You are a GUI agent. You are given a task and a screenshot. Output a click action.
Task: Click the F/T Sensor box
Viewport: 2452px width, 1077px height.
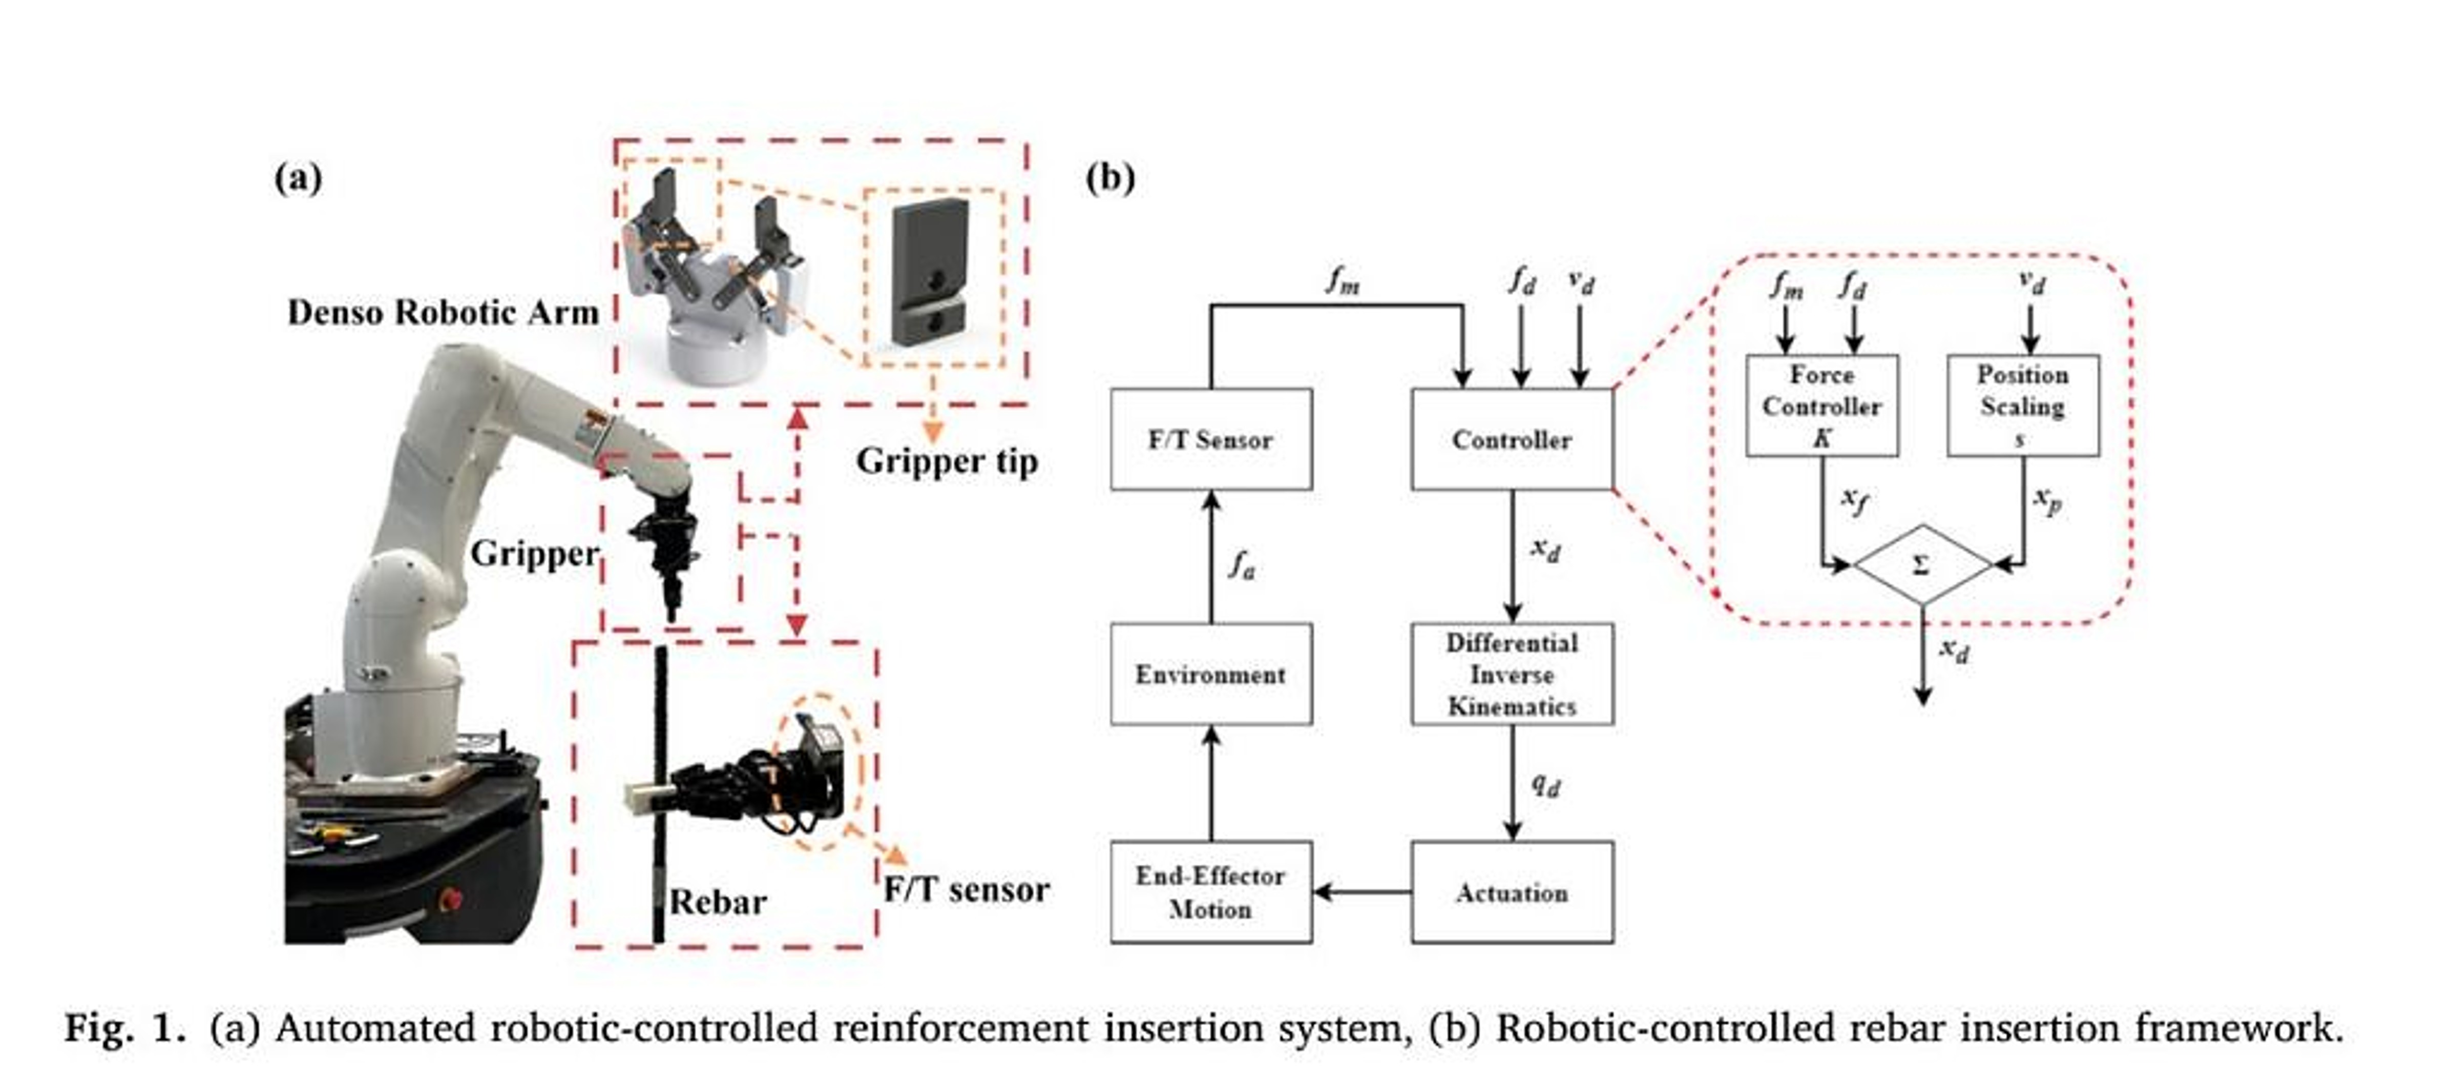click(1211, 439)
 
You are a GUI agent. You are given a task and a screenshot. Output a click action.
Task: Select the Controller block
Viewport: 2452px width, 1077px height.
click(1513, 439)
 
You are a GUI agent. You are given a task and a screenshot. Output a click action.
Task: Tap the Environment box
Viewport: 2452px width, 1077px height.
click(1211, 674)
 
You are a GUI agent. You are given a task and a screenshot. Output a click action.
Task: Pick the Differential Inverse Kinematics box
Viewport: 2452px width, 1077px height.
click(1513, 674)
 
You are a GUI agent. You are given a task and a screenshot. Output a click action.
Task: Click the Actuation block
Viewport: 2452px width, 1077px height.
click(1513, 892)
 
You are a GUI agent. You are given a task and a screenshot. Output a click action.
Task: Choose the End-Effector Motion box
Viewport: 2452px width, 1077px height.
click(1211, 892)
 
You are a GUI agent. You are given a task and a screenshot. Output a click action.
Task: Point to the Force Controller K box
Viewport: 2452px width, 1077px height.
click(1822, 405)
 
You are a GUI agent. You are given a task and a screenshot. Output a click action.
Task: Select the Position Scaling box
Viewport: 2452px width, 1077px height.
click(2023, 405)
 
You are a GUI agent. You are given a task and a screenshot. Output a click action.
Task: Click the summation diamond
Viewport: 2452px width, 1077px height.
click(1923, 564)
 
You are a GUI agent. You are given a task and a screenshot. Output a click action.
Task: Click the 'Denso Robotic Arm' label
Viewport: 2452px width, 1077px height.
click(443, 312)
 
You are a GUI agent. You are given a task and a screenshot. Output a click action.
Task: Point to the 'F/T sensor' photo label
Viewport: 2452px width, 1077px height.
click(966, 889)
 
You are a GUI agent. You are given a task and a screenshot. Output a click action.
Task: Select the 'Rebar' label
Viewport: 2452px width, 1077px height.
click(718, 902)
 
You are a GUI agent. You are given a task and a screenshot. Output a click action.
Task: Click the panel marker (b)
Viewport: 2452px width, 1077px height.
click(1110, 178)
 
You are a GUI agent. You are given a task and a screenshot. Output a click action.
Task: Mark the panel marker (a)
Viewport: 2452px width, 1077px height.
click(298, 178)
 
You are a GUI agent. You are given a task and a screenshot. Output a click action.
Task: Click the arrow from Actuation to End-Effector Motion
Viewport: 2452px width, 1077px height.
click(1362, 892)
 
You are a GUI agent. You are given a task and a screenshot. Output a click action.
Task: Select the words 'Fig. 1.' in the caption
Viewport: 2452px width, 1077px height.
click(124, 1028)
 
